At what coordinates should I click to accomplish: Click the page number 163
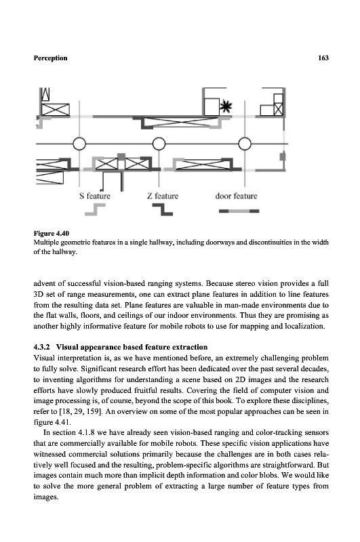coord(323,58)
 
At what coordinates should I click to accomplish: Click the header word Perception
coord(50,58)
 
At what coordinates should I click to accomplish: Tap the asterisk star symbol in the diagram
coord(226,107)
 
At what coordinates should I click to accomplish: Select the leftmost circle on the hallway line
coord(79,144)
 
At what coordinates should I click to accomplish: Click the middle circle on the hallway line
coord(159,144)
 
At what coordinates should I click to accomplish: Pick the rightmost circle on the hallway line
coord(245,144)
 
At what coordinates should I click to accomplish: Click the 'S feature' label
coord(95,196)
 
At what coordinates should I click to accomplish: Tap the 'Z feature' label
coord(163,196)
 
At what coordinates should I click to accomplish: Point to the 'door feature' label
coord(236,196)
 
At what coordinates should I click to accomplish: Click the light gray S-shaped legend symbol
coord(95,209)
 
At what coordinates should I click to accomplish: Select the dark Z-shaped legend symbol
coord(163,209)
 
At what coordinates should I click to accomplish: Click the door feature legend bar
coord(239,211)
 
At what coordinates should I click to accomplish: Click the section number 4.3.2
coord(42,347)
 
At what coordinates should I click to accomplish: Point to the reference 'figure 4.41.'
coord(48,422)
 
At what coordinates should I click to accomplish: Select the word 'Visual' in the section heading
coord(66,347)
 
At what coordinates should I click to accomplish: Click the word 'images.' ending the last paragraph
coord(46,497)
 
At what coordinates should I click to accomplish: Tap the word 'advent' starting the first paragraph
coord(44,283)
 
